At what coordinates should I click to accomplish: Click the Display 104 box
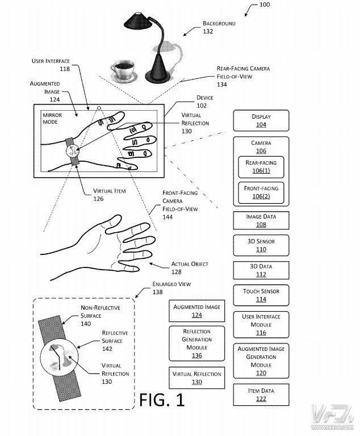pos(261,120)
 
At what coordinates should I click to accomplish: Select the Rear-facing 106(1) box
pos(261,167)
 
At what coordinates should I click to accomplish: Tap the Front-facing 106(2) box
pos(261,192)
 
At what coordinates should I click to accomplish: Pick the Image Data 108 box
pos(261,220)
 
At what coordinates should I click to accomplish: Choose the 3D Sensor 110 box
pos(261,245)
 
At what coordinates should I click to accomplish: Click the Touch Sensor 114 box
pos(261,295)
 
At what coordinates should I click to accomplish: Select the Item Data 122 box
pos(261,395)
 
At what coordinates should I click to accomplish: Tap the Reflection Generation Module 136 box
pos(196,343)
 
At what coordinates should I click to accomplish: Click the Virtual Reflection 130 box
pos(196,378)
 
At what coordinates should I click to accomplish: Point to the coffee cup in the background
pos(123,71)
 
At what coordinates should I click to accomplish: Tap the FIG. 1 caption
pos(162,400)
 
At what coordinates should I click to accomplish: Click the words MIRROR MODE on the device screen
pos(52,119)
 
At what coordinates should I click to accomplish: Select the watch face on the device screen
pos(73,151)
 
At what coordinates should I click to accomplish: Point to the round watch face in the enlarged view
pos(59,358)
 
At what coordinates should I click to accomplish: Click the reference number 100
pos(264,5)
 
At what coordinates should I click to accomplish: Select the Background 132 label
pos(219,27)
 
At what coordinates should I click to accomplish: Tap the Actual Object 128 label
pos(190,268)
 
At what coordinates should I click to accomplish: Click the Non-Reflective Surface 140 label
pos(100,316)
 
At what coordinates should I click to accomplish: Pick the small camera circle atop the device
pos(98,108)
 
